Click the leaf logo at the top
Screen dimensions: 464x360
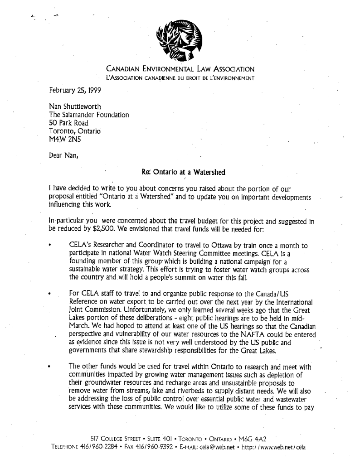point(175,41)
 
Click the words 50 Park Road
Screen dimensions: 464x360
point(68,123)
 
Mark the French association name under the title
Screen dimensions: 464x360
point(179,78)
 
